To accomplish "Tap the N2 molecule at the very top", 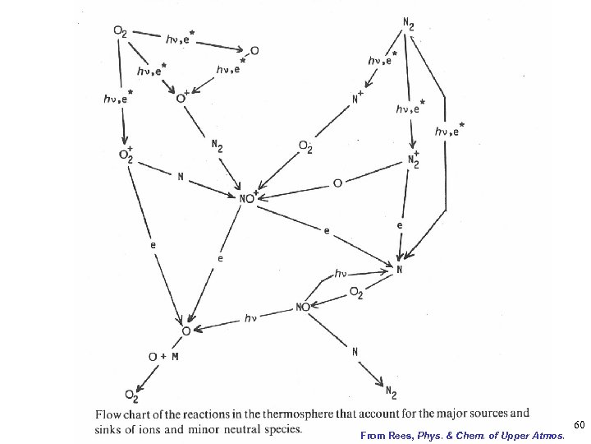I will tap(409, 22).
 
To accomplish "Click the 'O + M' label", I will tap(163, 356).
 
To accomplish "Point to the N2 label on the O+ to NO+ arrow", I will tap(216, 147).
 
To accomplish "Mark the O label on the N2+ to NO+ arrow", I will tap(337, 183).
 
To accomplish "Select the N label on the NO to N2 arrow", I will tap(355, 352).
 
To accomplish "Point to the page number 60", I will tap(579, 424).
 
